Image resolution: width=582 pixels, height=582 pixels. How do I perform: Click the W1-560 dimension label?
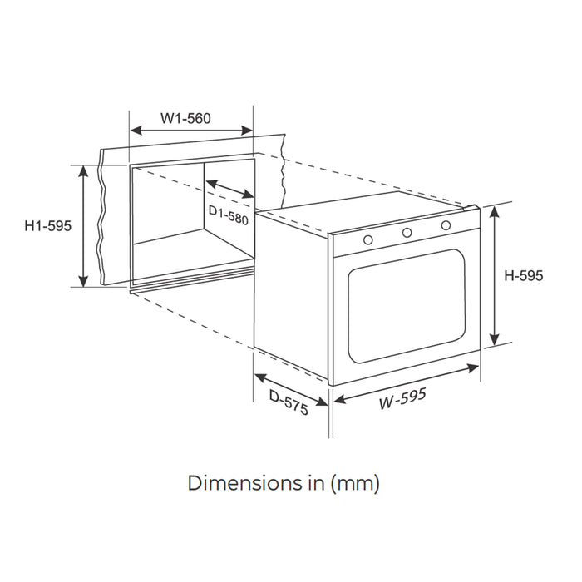[x=186, y=118]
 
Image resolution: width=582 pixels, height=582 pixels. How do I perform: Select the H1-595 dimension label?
[x=48, y=225]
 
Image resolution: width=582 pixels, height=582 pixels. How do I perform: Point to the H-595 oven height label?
[x=524, y=276]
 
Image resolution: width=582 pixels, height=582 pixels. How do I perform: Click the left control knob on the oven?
[x=367, y=239]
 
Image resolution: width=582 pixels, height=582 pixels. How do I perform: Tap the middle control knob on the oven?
[x=407, y=232]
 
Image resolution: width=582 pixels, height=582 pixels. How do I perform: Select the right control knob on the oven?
[x=446, y=225]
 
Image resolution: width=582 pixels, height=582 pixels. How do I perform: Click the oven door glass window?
[x=403, y=305]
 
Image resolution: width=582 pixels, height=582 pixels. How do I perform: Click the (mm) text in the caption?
[x=355, y=481]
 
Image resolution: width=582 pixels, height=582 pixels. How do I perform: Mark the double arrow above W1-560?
[x=191, y=131]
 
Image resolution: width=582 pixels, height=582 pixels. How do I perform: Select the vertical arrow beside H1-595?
[x=83, y=225]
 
